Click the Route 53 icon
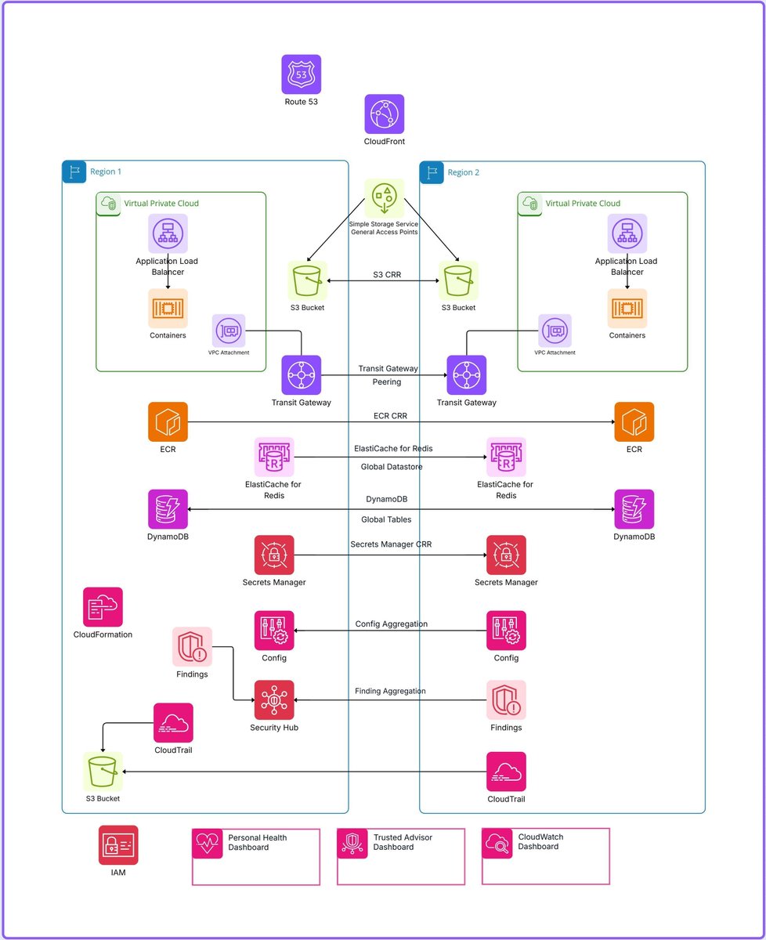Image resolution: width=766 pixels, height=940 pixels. (x=302, y=74)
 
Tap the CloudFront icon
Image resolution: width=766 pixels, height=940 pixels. (x=385, y=114)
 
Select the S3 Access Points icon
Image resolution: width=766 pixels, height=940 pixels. (x=384, y=198)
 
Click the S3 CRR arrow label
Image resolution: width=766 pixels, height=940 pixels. (x=384, y=274)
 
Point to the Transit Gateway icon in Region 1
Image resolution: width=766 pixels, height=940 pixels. (x=302, y=375)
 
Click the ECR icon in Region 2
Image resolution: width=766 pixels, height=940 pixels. (x=634, y=422)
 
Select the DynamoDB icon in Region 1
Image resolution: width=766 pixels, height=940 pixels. (x=168, y=509)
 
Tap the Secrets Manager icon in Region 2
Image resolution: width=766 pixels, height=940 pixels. (x=506, y=555)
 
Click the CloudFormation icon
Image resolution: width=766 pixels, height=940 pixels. (x=103, y=607)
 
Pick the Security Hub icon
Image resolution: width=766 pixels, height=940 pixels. (x=274, y=700)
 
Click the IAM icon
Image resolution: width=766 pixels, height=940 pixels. (x=118, y=845)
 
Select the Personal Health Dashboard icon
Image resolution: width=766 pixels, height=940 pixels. (x=208, y=844)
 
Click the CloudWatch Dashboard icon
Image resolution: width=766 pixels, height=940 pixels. (x=497, y=843)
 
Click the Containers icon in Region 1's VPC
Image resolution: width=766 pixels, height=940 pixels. (x=168, y=309)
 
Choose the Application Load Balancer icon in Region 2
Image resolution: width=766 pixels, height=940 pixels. (x=627, y=233)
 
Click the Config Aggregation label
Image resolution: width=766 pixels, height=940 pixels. (x=392, y=624)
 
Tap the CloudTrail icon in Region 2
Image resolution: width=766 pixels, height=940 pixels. (x=506, y=772)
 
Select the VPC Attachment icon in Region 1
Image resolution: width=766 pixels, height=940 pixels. (x=229, y=331)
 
